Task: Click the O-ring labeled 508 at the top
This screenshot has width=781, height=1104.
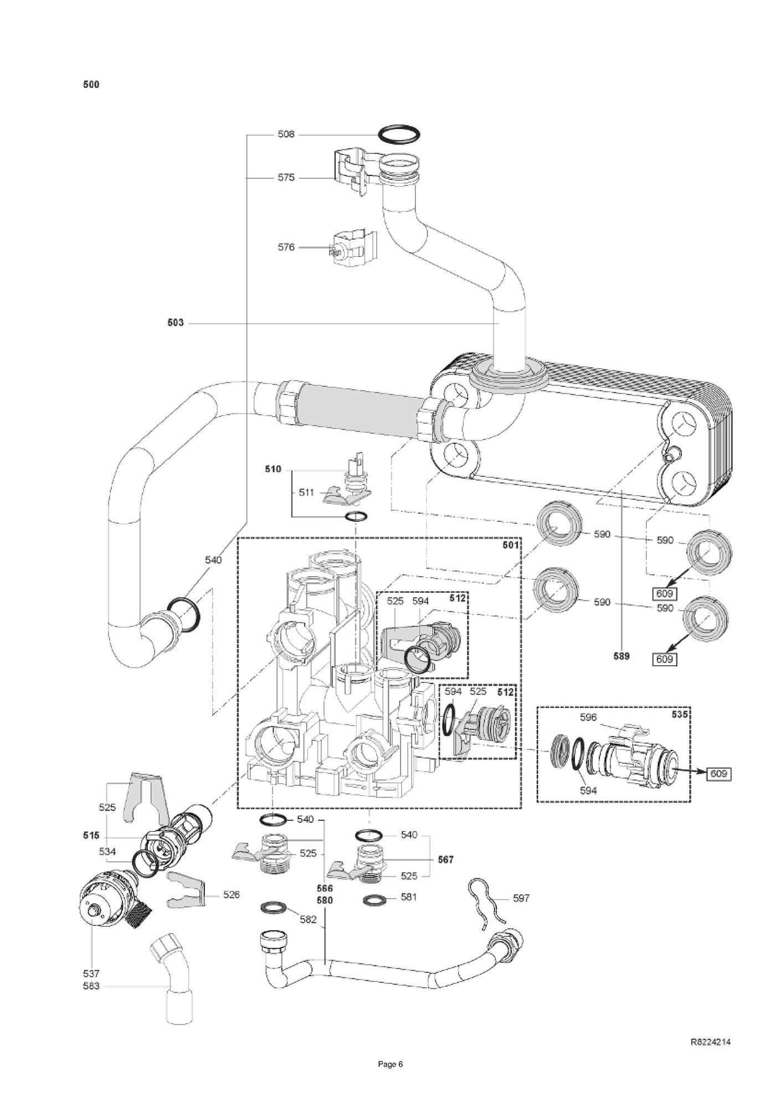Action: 398,134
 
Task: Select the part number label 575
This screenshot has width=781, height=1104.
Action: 286,178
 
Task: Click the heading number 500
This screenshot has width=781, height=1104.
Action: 91,85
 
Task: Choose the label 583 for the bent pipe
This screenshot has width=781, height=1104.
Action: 91,986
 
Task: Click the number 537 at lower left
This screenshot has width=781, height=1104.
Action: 91,973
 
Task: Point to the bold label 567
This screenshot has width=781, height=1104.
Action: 445,859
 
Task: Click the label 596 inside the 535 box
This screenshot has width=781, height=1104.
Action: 588,717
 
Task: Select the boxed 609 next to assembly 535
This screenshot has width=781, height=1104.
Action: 718,774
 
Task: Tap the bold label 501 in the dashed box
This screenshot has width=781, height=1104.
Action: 510,545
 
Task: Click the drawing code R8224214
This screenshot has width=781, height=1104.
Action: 710,1042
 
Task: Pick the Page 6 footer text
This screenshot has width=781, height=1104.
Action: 390,1080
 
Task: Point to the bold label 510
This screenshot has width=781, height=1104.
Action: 273,469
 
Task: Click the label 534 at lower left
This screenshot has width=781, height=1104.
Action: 107,852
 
